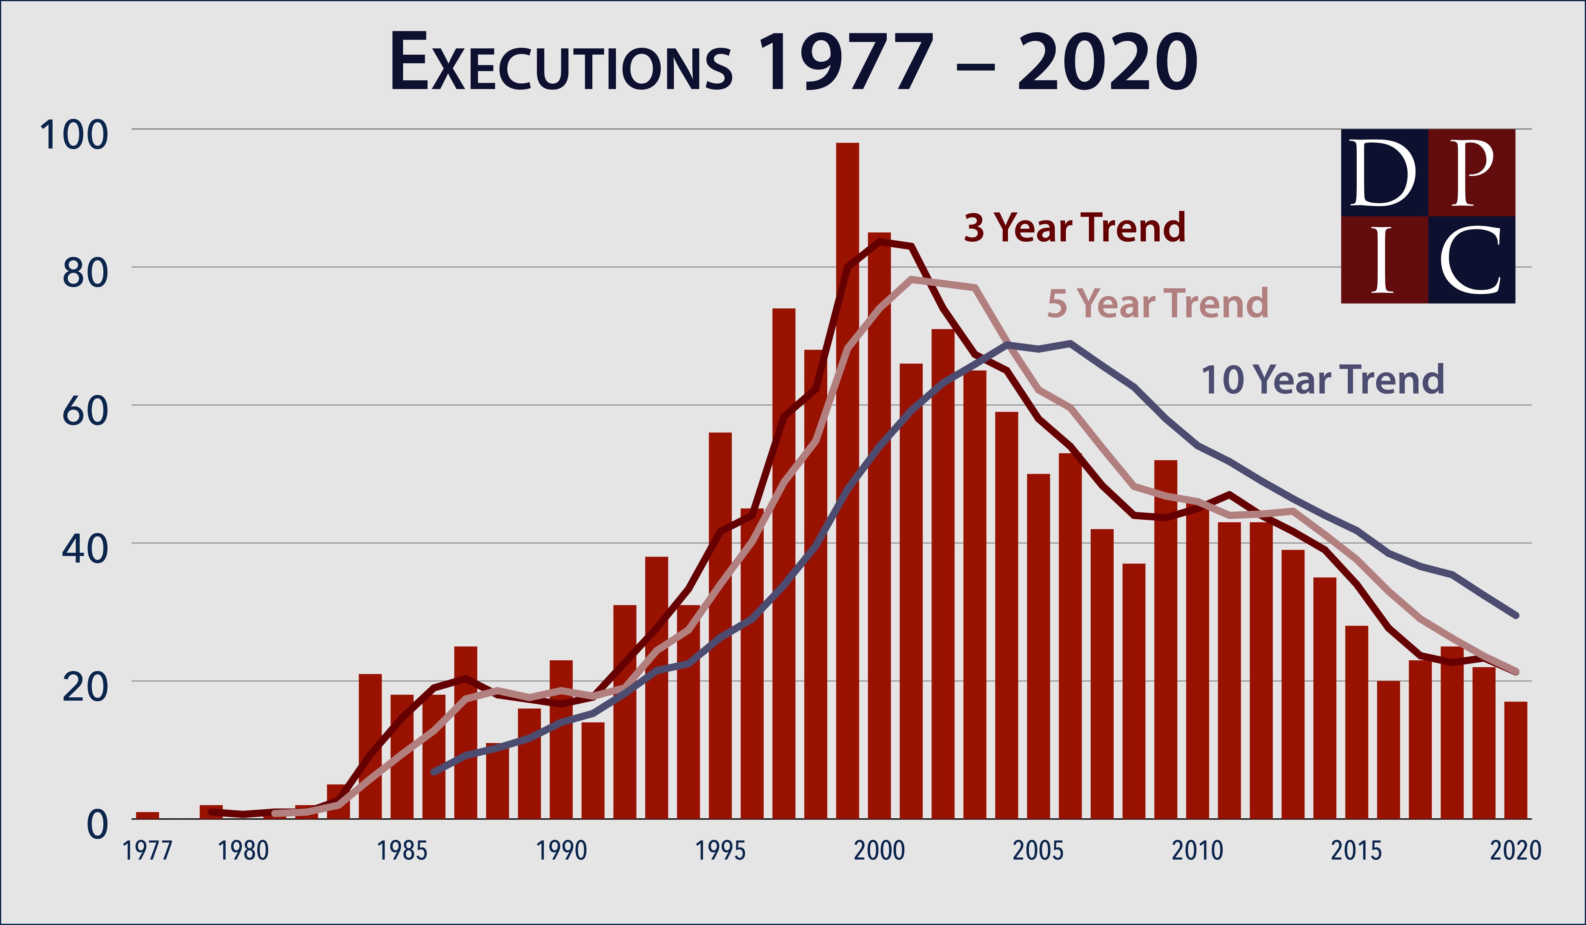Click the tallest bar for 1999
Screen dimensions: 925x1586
pyautogui.click(x=847, y=479)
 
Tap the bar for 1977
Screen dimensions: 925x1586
pyautogui.click(x=147, y=815)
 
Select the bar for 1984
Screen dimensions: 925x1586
pyautogui.click(x=370, y=746)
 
